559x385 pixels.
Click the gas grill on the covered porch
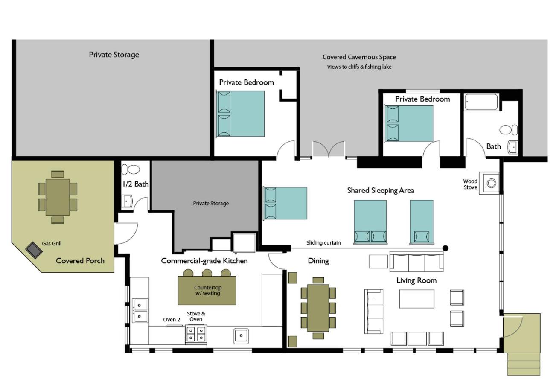coord(34,250)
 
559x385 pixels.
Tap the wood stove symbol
coord(491,183)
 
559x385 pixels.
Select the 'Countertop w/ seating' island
coord(207,290)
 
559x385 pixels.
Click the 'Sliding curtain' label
coord(323,243)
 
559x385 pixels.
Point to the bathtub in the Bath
coord(481,102)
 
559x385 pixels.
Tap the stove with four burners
coord(196,334)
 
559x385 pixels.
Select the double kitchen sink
coord(140,311)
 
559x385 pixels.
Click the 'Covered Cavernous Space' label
coord(359,57)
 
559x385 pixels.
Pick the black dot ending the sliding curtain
coord(445,248)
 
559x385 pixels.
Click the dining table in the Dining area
coord(318,308)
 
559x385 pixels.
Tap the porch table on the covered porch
coord(58,197)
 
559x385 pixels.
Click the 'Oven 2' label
coord(172,319)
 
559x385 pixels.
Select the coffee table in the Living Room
coord(416,299)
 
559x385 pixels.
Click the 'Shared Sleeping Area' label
coord(381,190)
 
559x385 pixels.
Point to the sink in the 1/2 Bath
coord(127,201)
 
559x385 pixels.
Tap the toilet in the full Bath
coord(508,130)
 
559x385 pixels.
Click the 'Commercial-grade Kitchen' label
coord(204,261)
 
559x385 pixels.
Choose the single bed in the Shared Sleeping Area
coord(422,222)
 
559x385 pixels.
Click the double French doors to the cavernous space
coord(329,150)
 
